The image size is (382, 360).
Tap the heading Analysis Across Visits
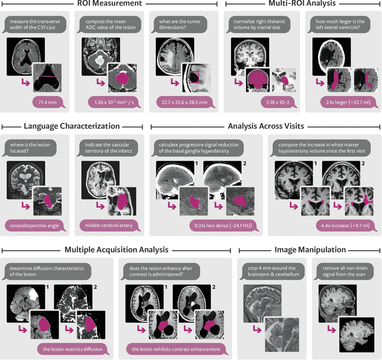(x=266, y=126)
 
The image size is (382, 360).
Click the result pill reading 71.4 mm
(x=45, y=103)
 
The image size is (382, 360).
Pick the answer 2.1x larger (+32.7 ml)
(x=342, y=103)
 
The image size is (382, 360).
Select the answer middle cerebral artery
(x=113, y=225)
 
